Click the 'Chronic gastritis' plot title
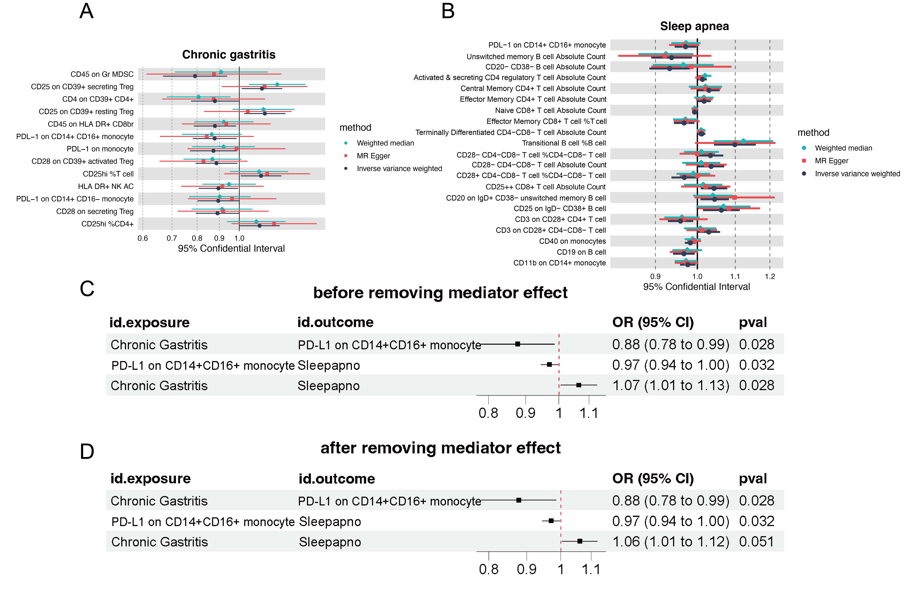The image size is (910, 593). click(229, 55)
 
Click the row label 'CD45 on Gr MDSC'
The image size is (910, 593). click(102, 74)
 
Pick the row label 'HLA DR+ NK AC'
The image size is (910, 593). click(106, 186)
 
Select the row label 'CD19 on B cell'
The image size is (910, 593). click(581, 252)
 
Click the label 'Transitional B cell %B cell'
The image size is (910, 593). click(564, 143)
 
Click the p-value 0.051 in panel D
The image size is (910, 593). click(756, 542)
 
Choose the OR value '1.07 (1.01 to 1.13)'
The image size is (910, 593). click(671, 385)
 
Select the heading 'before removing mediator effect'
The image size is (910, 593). click(440, 293)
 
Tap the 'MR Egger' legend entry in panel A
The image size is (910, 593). click(373, 156)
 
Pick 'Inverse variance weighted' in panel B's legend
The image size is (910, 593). click(857, 174)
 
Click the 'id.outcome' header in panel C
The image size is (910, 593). click(335, 322)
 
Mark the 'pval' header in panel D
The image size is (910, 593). click(752, 478)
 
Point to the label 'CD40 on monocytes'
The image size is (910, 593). click(572, 241)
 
